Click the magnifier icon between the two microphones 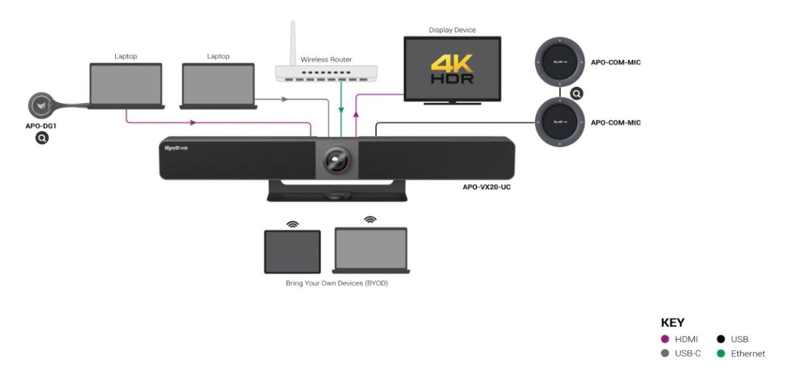coord(578,93)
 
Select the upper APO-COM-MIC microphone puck coord(560,63)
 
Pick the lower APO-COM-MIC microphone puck coord(560,122)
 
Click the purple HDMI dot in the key coord(665,340)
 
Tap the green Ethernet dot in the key coord(721,353)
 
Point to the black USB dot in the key coord(721,340)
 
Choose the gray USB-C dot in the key coord(665,353)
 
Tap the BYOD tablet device coord(292,252)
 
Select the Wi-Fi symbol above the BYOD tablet coord(292,224)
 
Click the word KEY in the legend coord(672,324)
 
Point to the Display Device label coord(453,30)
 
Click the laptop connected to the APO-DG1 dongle coord(126,85)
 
